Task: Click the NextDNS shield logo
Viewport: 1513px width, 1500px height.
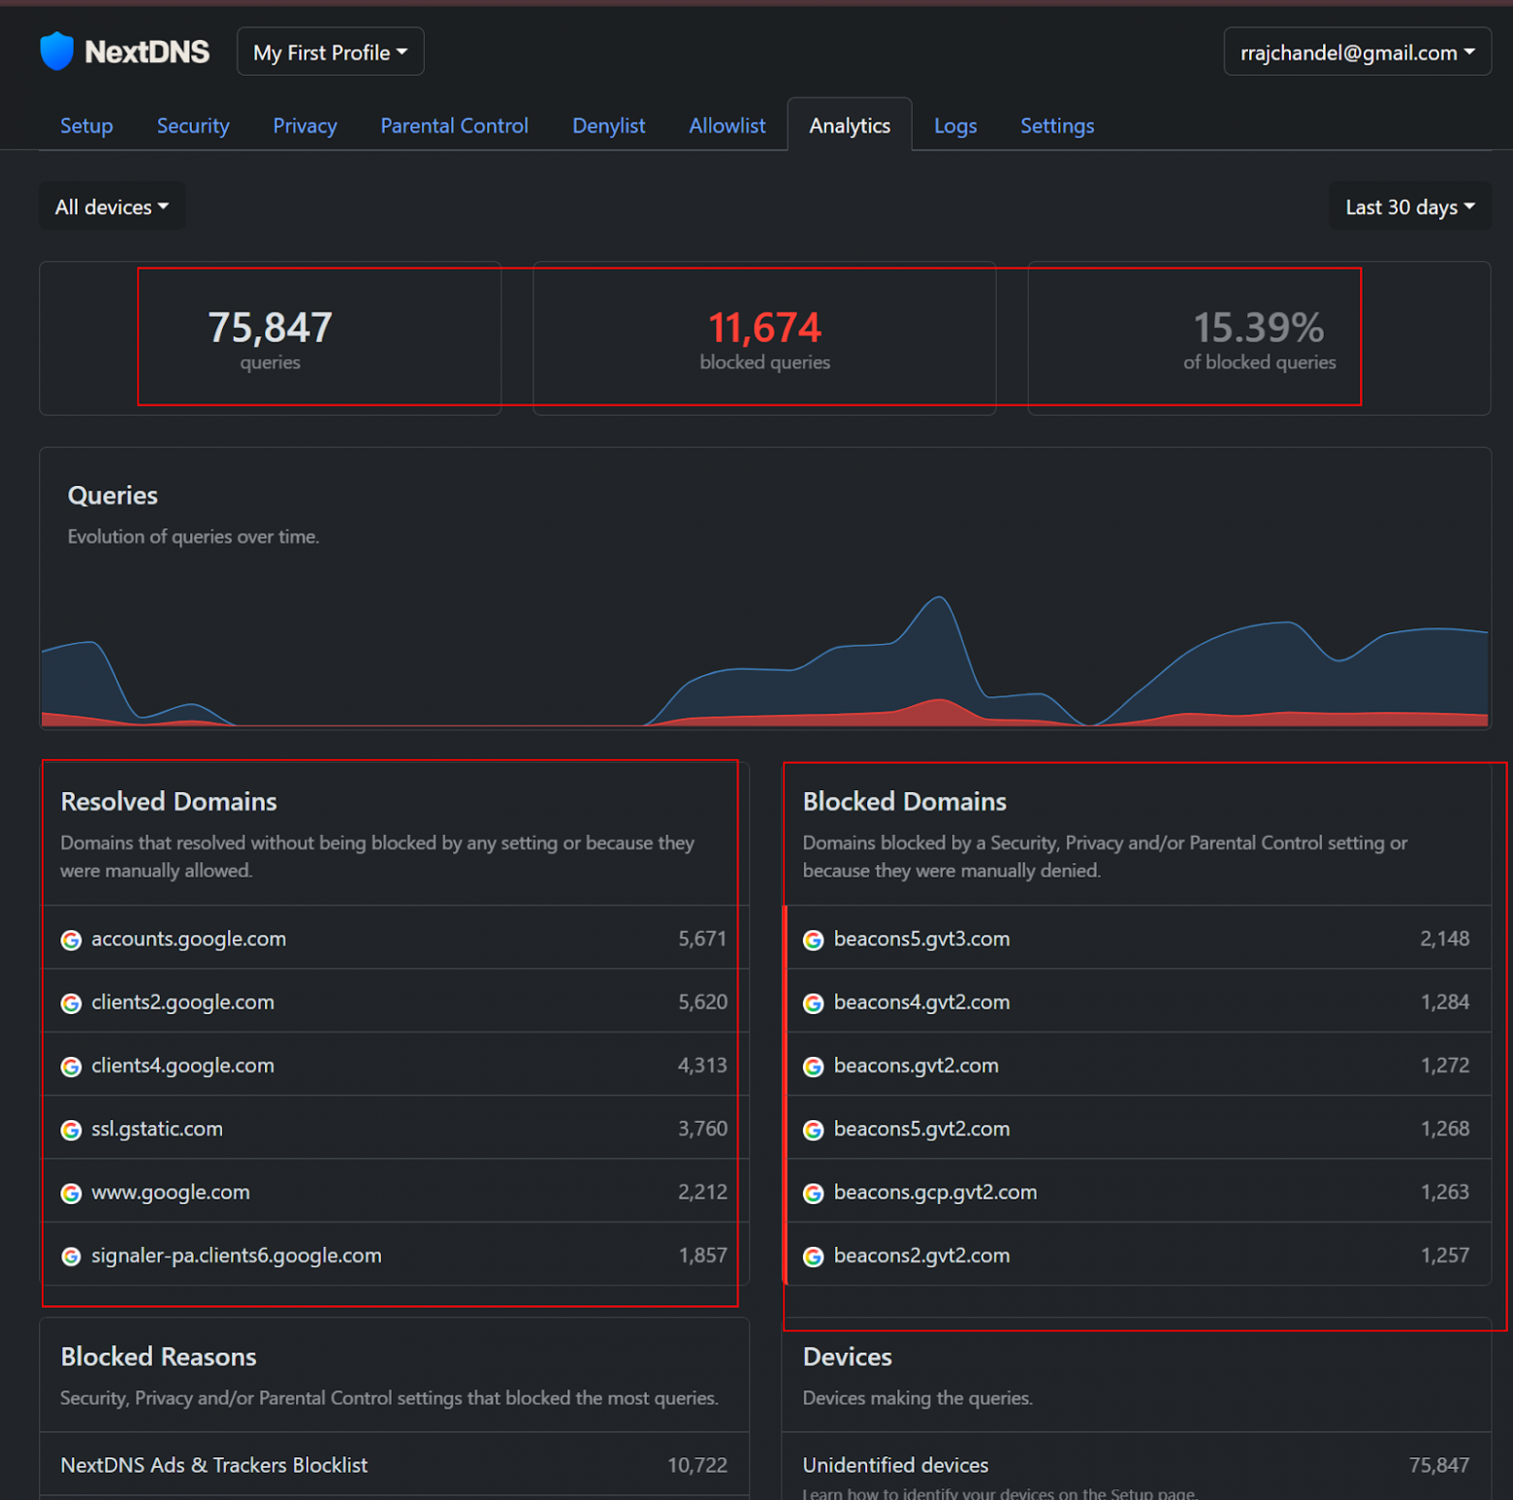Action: click(57, 51)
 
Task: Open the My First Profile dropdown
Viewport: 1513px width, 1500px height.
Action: click(330, 52)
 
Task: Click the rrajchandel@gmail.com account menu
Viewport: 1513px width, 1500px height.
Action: click(1356, 52)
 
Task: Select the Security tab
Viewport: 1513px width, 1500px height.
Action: click(193, 126)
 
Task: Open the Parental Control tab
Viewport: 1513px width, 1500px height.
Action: click(454, 126)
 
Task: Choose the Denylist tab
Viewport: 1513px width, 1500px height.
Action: click(608, 126)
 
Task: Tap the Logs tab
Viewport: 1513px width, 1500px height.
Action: click(954, 126)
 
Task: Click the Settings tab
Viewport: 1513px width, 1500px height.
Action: click(1056, 126)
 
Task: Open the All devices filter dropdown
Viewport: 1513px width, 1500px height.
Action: click(112, 207)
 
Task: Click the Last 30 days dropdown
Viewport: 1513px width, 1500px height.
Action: click(1409, 207)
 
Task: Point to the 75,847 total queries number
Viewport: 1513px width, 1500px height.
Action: click(270, 328)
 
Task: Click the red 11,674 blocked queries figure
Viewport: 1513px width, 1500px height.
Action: click(764, 328)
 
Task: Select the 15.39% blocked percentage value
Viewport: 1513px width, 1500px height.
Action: click(1258, 328)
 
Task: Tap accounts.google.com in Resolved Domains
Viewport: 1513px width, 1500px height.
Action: click(188, 939)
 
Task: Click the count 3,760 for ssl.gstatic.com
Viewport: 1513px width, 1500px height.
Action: click(702, 1129)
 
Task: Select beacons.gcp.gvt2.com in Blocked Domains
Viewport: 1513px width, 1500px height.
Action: click(935, 1192)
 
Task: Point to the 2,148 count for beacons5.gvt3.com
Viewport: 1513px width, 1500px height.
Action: click(1444, 939)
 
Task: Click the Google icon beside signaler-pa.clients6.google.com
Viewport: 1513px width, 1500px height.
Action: click(71, 1257)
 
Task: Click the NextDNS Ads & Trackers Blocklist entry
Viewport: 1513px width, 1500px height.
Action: click(214, 1465)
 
